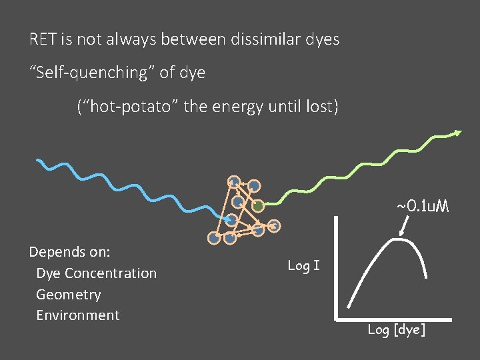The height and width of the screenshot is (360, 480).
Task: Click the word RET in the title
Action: click(43, 39)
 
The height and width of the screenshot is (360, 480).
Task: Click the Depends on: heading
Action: click(69, 252)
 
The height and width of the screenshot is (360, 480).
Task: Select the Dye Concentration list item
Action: click(96, 273)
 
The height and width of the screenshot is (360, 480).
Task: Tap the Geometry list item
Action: click(68, 295)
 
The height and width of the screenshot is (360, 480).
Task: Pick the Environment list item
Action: click(77, 315)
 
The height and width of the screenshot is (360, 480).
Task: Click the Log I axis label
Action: click(303, 266)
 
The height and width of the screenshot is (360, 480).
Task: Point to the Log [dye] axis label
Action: click(396, 330)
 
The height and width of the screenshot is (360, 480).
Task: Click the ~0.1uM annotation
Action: click(423, 207)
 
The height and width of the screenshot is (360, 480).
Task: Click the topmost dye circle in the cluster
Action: click(233, 181)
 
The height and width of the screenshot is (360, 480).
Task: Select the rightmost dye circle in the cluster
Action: click(275, 226)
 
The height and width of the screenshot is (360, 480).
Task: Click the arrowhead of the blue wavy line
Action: click(227, 217)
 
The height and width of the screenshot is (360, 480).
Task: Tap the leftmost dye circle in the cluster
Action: click(213, 237)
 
